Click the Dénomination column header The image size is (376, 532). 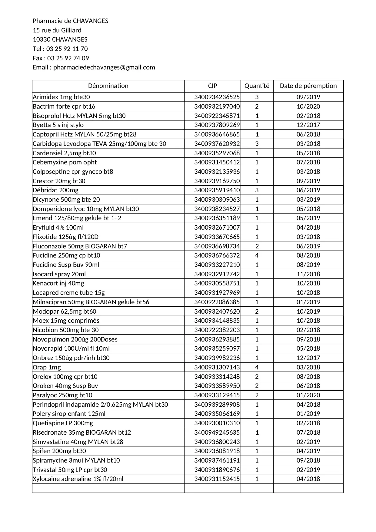point(108,86)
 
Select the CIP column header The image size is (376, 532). point(212,86)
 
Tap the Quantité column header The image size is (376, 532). point(257,86)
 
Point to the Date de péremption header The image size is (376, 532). point(308,86)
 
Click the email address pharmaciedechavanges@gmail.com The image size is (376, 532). point(104,67)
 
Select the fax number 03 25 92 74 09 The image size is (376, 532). point(68,58)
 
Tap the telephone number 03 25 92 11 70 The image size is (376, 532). point(67,49)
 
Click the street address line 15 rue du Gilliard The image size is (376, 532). point(57,30)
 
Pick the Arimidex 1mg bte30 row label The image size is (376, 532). point(61,97)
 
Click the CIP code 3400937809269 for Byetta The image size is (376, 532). point(217,125)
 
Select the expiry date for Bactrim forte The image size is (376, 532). point(308,106)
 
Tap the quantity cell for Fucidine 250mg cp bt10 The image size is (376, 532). point(257,255)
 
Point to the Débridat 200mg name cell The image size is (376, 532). point(55,190)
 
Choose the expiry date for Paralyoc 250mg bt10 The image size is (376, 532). point(308,395)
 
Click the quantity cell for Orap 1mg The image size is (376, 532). point(257,367)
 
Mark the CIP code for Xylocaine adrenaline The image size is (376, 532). point(217,479)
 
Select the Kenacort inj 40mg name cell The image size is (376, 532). point(58,283)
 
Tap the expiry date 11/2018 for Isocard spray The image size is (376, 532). point(308,274)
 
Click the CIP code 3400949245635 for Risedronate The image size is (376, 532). point(217,433)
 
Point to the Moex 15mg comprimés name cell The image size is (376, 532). point(66,321)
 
